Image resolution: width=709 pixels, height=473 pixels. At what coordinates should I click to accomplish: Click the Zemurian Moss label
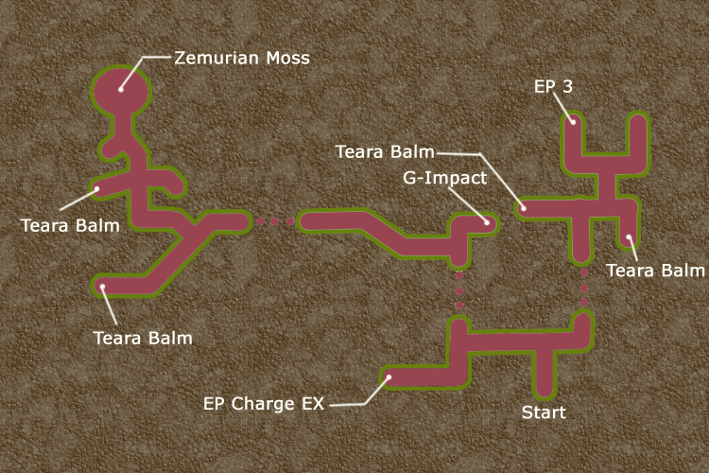coord(242,58)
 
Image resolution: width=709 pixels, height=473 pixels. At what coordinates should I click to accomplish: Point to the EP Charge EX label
coord(264,403)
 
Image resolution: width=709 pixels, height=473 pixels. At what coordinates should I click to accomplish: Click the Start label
coord(544,412)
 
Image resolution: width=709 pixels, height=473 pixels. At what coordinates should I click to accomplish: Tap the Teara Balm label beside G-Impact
coord(386,151)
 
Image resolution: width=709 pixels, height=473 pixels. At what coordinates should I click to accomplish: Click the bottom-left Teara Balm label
coord(142,337)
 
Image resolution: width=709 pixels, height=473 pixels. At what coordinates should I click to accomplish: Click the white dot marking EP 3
coord(572,119)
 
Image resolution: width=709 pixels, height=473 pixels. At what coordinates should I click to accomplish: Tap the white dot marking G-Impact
coord(486,223)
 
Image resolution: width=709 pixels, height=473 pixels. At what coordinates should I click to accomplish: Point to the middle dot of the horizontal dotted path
coord(275,222)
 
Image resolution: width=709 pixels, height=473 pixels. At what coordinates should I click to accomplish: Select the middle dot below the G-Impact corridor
coord(459,290)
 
